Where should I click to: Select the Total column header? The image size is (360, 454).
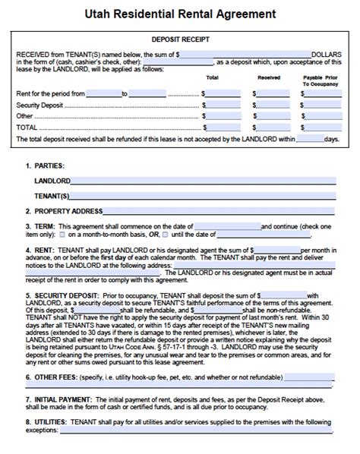213,77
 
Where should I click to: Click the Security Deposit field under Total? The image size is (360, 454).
223,106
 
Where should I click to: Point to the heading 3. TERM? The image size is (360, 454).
40,226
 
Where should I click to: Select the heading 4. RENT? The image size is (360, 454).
40,249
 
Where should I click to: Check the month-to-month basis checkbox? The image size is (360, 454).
62,235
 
